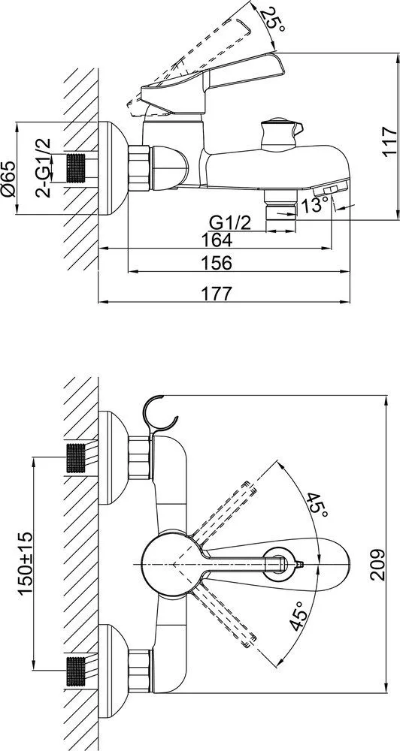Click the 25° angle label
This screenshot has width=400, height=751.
click(274, 19)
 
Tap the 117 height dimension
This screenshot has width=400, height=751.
click(390, 141)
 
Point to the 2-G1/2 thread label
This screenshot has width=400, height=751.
click(43, 167)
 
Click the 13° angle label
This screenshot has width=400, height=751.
click(314, 206)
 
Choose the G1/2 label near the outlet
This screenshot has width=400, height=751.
click(230, 223)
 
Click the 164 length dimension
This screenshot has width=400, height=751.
click(217, 240)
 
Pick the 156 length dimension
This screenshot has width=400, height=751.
click(217, 262)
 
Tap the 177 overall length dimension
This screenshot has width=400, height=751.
click(217, 293)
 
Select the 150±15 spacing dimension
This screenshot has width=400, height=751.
click(26, 563)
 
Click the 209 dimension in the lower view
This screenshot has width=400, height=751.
click(379, 564)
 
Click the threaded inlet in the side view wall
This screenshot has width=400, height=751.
click(75, 168)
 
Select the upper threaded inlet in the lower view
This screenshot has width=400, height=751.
click(75, 458)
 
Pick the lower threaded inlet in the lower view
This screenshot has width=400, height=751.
click(75, 671)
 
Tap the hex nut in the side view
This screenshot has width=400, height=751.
click(140, 168)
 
